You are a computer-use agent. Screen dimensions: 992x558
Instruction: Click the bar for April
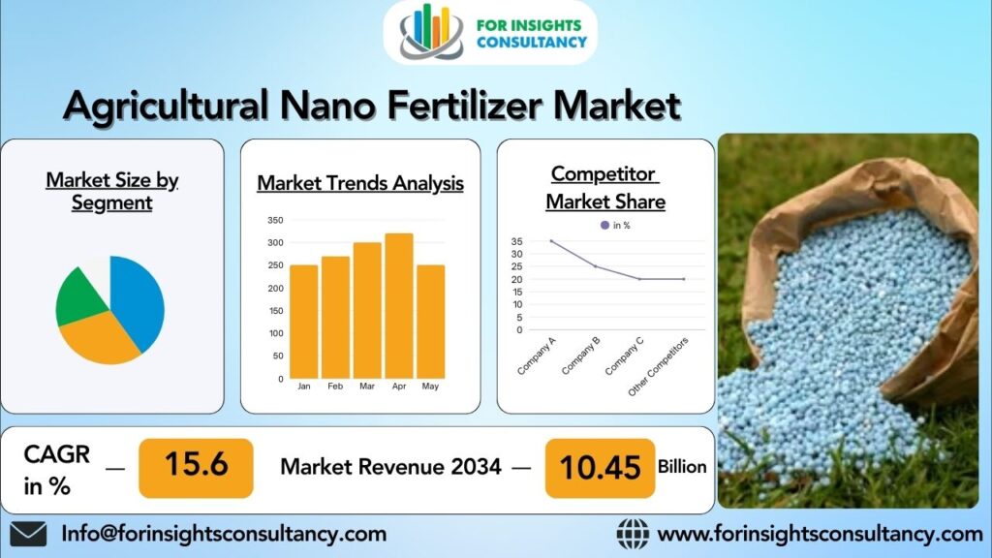tap(399, 305)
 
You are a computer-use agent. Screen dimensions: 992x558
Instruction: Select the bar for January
tap(303, 322)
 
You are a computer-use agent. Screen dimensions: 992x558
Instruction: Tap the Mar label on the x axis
tap(367, 386)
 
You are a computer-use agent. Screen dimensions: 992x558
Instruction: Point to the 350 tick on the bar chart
tap(275, 220)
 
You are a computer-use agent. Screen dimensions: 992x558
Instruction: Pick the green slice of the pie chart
tap(80, 297)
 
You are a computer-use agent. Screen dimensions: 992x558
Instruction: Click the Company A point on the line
tap(551, 241)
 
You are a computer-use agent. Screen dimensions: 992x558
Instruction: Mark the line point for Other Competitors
tap(684, 279)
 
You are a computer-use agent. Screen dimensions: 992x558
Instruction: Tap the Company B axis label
tap(580, 356)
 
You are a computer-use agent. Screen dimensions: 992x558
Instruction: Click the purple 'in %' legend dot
tap(604, 225)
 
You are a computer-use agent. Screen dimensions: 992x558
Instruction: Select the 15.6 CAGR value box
tap(196, 468)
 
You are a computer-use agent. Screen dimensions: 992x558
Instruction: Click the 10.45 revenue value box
tap(600, 468)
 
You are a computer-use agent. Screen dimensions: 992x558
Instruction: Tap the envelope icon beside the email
tap(28, 534)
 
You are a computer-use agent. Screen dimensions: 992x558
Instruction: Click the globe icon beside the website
tap(633, 534)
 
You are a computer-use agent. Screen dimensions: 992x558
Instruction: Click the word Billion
tap(682, 466)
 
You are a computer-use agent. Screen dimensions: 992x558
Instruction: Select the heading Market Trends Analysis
tap(360, 183)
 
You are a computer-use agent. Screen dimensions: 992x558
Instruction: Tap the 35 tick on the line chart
tap(517, 241)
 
